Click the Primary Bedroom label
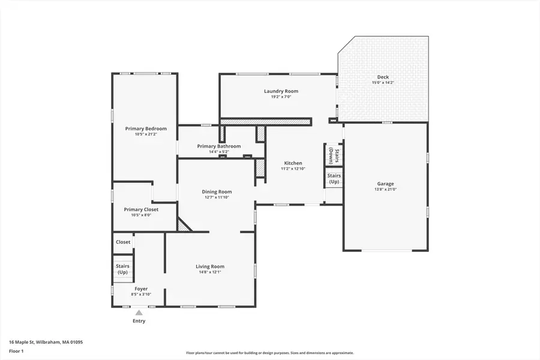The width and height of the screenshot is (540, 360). pos(146,128)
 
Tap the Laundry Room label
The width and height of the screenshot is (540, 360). pos(281,91)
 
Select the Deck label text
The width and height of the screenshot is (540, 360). pos(383,77)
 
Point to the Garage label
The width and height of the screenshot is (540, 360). pos(385,184)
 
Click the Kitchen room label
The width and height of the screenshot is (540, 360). pos(293,163)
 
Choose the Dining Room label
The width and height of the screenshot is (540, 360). pos(217,192)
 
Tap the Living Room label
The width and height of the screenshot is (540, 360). pos(210,266)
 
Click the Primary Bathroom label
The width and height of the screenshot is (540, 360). pos(219,146)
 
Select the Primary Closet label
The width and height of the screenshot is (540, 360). pos(141,209)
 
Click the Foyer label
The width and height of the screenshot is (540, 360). pos(141,289)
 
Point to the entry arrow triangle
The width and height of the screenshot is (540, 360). pos(139,313)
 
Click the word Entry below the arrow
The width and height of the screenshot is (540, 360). pos(139,321)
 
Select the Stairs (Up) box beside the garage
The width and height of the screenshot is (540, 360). pos(334,178)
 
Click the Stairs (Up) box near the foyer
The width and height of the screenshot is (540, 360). pos(122,269)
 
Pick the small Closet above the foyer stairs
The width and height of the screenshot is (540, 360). pos(123,242)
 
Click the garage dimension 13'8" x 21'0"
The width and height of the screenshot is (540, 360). pos(385,190)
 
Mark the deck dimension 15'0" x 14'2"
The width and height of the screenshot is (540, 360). pos(383,83)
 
